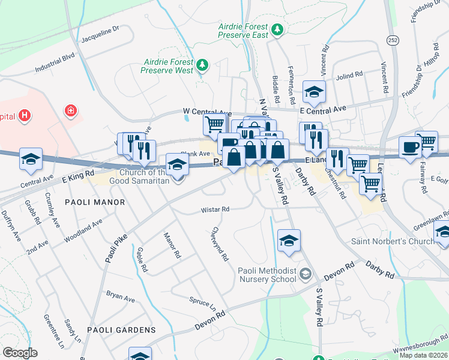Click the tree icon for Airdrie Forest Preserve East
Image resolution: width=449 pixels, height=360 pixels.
pyautogui.click(x=277, y=29)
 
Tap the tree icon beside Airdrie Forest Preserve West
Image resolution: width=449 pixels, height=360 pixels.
pyautogui.click(x=203, y=64)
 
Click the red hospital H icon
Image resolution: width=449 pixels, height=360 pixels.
pyautogui.click(x=25, y=115)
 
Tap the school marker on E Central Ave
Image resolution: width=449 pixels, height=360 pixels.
pyautogui.click(x=313, y=92)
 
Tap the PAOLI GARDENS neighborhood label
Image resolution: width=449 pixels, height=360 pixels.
pyautogui.click(x=121, y=330)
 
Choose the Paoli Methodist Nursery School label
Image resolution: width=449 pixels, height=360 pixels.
pyautogui.click(x=267, y=274)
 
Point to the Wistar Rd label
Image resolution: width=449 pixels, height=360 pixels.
pyautogui.click(x=215, y=209)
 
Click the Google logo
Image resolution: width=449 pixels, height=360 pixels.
pyautogui.click(x=20, y=353)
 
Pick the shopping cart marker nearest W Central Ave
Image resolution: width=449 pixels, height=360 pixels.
pyautogui.click(x=214, y=124)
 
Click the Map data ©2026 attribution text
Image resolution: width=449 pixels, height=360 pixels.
pyautogui.click(x=423, y=355)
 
